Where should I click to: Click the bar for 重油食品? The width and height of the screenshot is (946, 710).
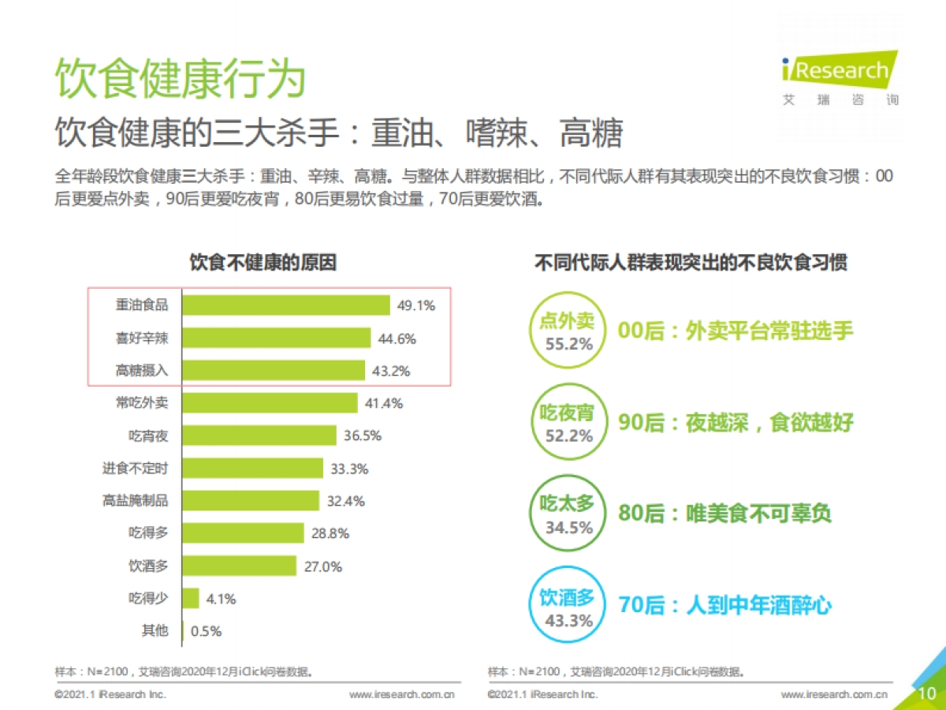[x=286, y=305]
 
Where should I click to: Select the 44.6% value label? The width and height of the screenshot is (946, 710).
[x=397, y=338]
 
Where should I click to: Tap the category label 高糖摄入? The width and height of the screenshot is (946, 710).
[x=142, y=370]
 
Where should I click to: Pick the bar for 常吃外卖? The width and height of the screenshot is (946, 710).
[x=270, y=402]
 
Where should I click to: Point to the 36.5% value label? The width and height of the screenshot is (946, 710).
[x=363, y=435]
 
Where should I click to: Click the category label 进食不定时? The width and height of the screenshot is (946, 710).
[x=135, y=468]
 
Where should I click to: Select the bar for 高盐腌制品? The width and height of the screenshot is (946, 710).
[x=251, y=500]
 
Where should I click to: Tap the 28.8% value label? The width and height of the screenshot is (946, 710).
[x=330, y=533]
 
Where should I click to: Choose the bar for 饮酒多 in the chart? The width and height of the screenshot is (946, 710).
[x=240, y=566]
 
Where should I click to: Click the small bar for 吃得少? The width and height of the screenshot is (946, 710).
[x=191, y=598]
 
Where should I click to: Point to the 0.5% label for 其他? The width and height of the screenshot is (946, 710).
[x=206, y=631]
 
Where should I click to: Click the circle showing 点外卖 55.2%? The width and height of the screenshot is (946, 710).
[x=567, y=331]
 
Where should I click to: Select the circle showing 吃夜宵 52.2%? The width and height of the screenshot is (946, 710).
[x=567, y=422]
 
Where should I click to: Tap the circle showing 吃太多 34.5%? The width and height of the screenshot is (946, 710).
[x=567, y=514]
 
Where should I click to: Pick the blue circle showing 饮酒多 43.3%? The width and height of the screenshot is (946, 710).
[x=567, y=606]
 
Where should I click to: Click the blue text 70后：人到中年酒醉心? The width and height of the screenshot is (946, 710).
[x=725, y=606]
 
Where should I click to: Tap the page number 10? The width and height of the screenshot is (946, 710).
[x=928, y=693]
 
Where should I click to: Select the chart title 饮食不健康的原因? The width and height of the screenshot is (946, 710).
[x=263, y=263]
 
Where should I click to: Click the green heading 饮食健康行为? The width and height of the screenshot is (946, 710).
[x=180, y=79]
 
